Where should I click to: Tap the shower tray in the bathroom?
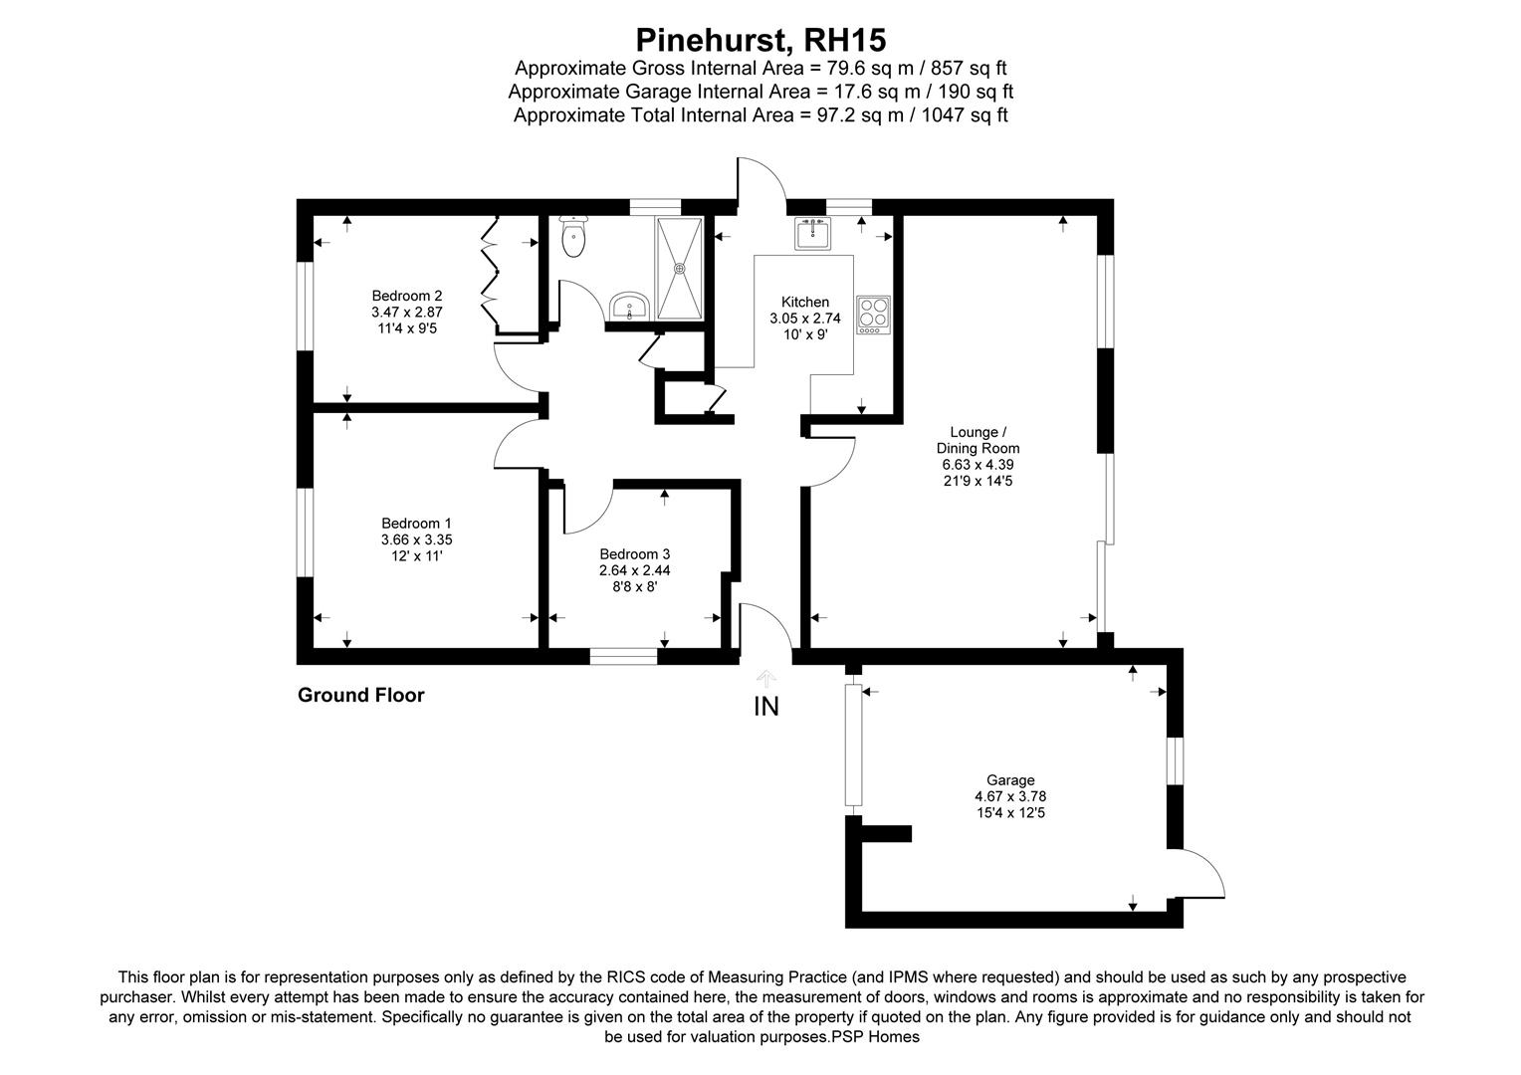(x=680, y=267)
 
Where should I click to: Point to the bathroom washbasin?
(x=628, y=306)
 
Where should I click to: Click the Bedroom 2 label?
(x=406, y=296)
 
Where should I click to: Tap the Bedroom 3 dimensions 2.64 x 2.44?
(x=634, y=571)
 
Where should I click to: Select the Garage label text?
(x=1010, y=780)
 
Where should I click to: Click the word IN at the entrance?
(x=766, y=707)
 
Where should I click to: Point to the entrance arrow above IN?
(x=765, y=679)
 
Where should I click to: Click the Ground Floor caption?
(x=360, y=696)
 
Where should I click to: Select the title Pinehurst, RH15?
(x=760, y=40)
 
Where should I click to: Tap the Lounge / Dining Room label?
(x=978, y=440)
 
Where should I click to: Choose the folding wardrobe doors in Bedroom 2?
(x=492, y=269)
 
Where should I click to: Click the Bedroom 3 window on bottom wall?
(x=623, y=656)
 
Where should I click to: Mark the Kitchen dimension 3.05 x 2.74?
(x=804, y=319)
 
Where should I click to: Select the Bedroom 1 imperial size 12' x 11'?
(x=416, y=555)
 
